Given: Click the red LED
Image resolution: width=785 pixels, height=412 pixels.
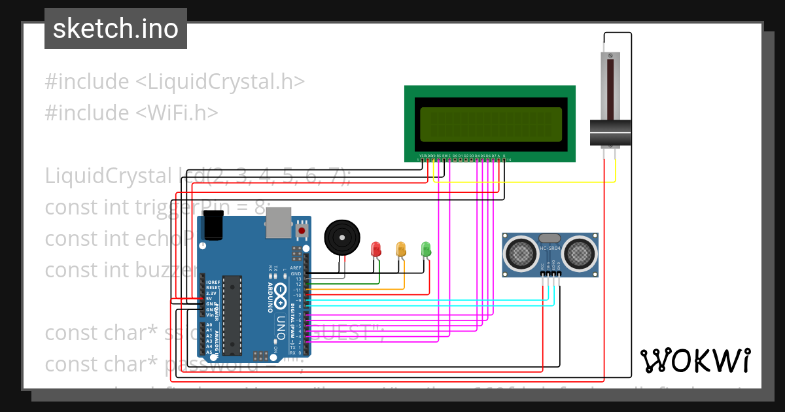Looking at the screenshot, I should coord(375,249).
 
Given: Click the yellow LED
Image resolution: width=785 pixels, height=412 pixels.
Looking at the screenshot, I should coord(401,249).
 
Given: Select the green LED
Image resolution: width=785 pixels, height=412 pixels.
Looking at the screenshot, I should coord(426,249).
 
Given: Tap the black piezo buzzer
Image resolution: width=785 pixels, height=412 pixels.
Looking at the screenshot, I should coord(341,237).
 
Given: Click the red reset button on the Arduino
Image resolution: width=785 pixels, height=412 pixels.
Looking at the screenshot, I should coord(302,230).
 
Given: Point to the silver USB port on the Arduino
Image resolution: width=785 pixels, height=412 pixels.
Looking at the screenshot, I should coord(278,224).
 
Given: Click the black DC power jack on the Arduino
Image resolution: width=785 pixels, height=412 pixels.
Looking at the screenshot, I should coord(213,226).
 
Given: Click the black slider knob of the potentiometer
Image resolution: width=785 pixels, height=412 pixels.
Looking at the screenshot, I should coord(610,133).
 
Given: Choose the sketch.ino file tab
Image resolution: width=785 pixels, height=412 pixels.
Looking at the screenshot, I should coord(116,29).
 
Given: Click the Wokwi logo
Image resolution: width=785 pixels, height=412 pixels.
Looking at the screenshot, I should coord(695,360).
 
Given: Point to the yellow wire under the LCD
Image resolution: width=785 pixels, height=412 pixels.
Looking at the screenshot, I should coord(523,182).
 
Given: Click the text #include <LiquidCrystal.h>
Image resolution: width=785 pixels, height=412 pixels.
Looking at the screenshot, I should coord(175,82).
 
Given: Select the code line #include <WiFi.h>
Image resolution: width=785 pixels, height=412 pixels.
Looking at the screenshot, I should coord(131,112).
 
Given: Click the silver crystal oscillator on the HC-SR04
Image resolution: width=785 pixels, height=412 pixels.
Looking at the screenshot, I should coord(549,239).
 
